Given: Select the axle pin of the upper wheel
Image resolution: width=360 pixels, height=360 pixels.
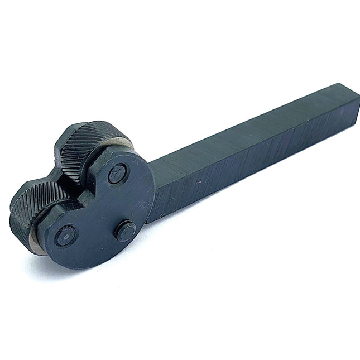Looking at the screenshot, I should [x=116, y=174].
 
